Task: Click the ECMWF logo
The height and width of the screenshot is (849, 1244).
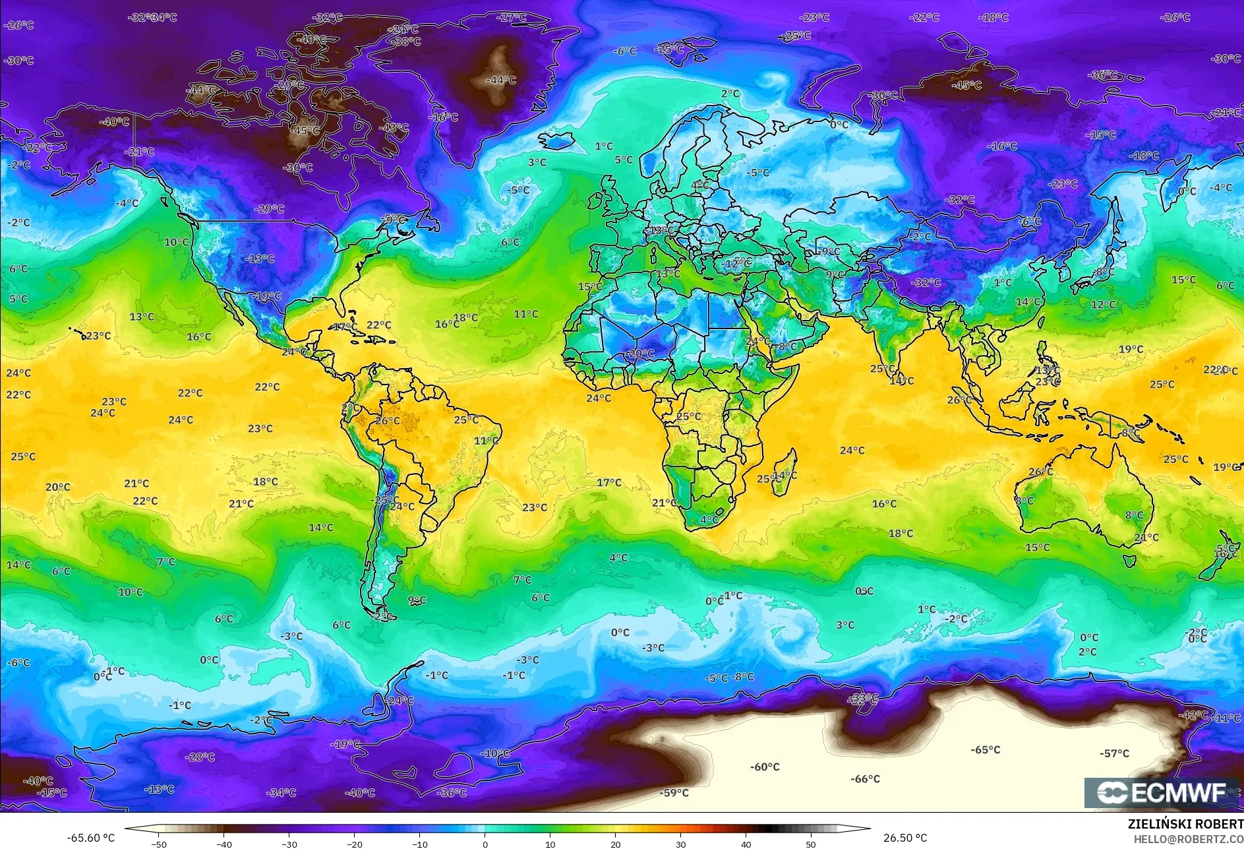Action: tap(1162, 792)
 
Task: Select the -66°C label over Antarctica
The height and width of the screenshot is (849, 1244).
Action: tap(865, 779)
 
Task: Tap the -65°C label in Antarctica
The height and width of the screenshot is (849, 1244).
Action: tap(985, 750)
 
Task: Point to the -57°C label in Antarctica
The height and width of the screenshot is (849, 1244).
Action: tap(1114, 753)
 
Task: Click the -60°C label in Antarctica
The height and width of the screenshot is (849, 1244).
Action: tap(765, 767)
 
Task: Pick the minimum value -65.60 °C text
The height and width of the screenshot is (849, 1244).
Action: tap(90, 838)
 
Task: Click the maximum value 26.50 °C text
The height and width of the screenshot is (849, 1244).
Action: tap(904, 838)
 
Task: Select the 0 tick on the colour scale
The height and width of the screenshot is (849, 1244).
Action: tap(485, 844)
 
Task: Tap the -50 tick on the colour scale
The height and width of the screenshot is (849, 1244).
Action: tap(158, 844)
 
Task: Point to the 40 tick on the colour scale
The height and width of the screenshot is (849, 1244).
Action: tap(746, 844)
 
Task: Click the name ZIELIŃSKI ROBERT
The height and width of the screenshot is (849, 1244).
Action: tap(1185, 824)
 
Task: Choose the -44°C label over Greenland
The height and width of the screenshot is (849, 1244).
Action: tap(501, 80)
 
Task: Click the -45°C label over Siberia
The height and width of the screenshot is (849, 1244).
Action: tap(967, 85)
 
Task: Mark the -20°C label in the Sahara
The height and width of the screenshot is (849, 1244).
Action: tap(640, 354)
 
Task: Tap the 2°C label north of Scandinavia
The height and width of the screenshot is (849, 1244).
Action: tap(730, 94)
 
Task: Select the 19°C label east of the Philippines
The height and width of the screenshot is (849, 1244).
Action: tap(1131, 350)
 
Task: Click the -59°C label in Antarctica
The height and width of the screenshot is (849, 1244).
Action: tap(674, 793)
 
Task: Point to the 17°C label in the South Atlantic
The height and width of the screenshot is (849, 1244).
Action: tap(608, 482)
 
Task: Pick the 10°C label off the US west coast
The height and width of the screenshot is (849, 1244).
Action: tap(176, 242)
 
